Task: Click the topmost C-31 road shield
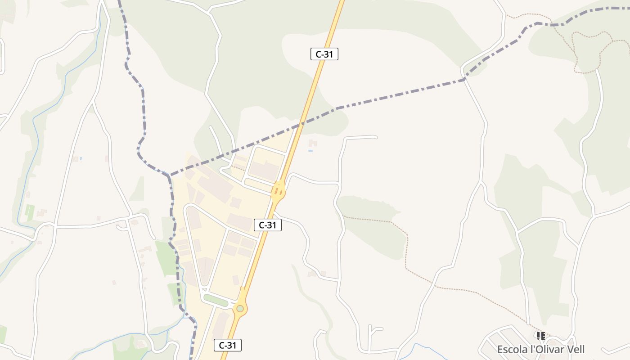click(x=324, y=54)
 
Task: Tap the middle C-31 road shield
click(x=268, y=225)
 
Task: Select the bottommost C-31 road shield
click(x=227, y=345)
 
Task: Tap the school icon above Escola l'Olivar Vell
click(x=540, y=336)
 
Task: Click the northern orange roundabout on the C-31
click(x=279, y=191)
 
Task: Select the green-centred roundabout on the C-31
click(x=240, y=308)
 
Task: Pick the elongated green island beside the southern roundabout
click(x=216, y=300)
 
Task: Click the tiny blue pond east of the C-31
click(x=310, y=151)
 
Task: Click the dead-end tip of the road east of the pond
click(x=376, y=136)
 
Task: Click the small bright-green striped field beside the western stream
click(x=30, y=212)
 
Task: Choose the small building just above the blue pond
click(x=312, y=143)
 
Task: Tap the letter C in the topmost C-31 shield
click(x=319, y=54)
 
